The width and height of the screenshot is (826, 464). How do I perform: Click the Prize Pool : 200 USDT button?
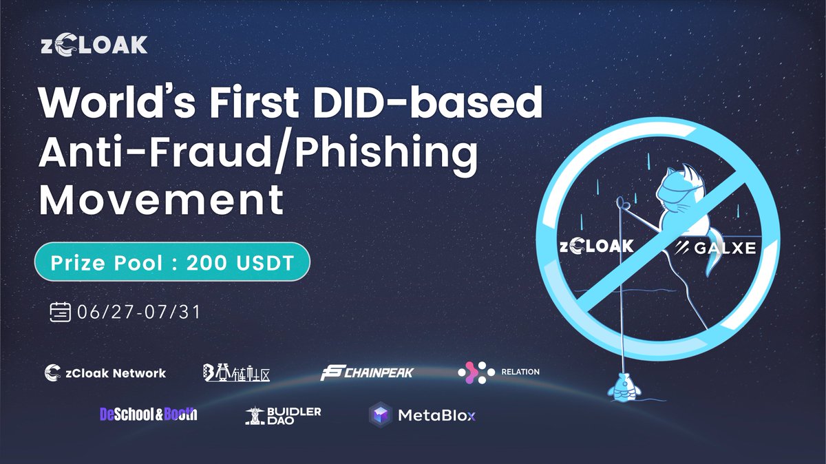click(x=172, y=262)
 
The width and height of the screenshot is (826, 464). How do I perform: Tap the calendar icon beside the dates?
click(x=61, y=312)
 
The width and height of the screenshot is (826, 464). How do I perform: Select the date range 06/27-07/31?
click(x=139, y=312)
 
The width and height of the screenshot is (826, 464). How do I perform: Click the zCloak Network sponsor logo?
click(x=105, y=373)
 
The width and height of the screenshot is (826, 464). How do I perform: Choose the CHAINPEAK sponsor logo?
click(x=367, y=374)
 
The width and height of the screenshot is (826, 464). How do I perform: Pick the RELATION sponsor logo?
click(x=498, y=372)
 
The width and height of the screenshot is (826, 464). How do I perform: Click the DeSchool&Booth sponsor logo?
click(x=148, y=414)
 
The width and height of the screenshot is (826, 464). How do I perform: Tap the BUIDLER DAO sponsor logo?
click(x=283, y=414)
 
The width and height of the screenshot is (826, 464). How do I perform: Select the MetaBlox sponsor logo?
click(x=423, y=415)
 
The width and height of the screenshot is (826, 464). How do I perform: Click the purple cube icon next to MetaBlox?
click(x=380, y=415)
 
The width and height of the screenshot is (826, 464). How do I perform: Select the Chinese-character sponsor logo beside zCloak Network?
click(x=236, y=373)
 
